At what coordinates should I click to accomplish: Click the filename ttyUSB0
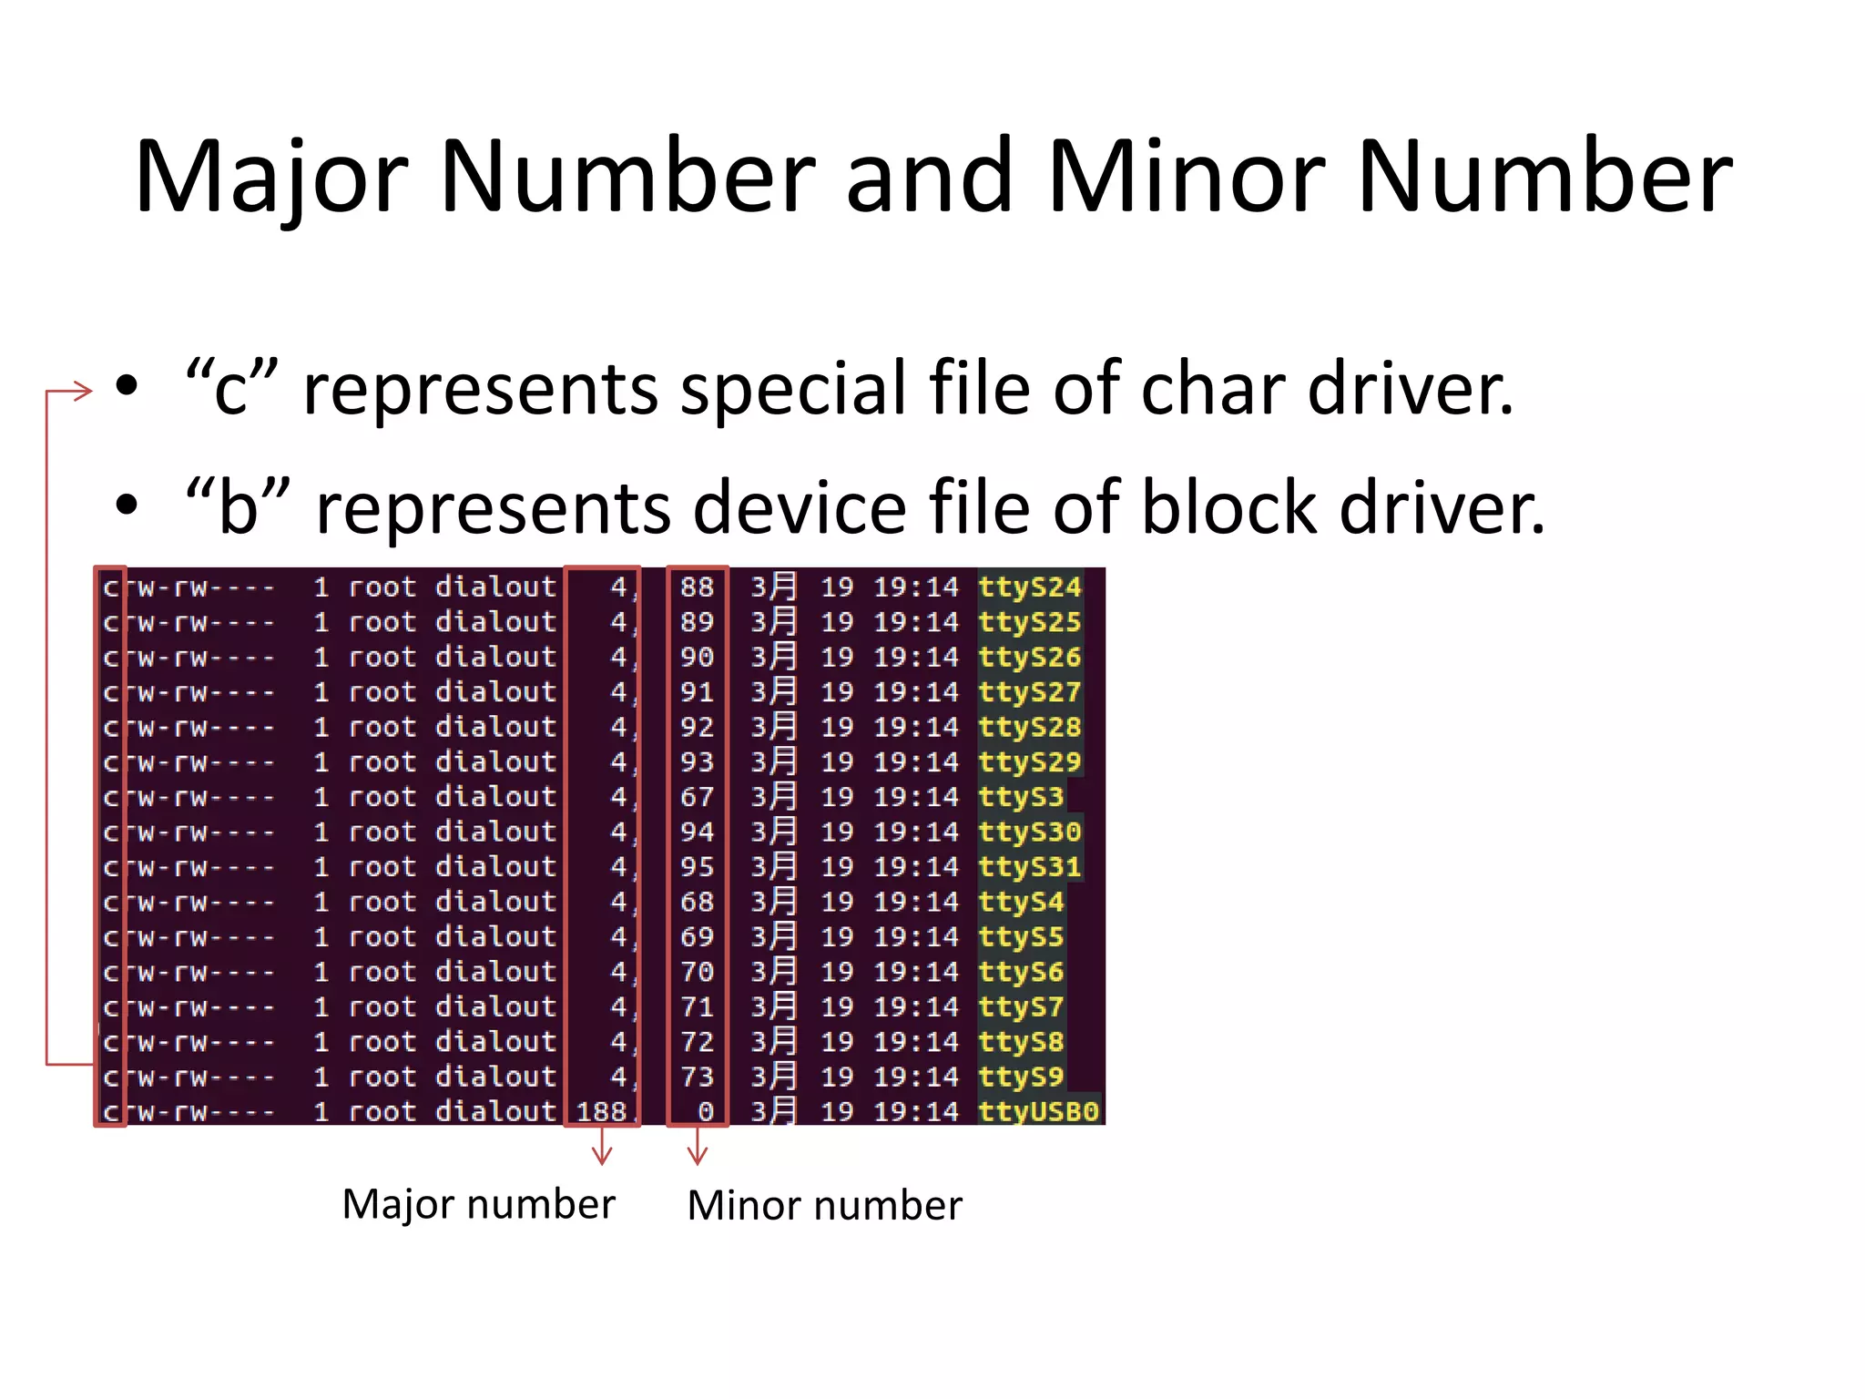click(1038, 1112)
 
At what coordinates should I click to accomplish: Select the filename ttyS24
click(1029, 587)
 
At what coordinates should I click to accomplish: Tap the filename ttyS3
click(1021, 797)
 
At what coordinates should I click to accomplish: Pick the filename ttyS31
click(1029, 867)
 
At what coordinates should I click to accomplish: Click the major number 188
click(601, 1112)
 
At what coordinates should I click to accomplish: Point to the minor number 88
click(697, 587)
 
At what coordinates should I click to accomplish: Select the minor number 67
click(697, 797)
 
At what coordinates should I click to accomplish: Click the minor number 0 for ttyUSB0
click(706, 1112)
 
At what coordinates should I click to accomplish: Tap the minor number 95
click(697, 867)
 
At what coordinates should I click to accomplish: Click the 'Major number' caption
click(479, 1204)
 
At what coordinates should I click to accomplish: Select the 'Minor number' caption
click(824, 1206)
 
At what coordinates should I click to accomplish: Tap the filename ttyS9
click(1021, 1077)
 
